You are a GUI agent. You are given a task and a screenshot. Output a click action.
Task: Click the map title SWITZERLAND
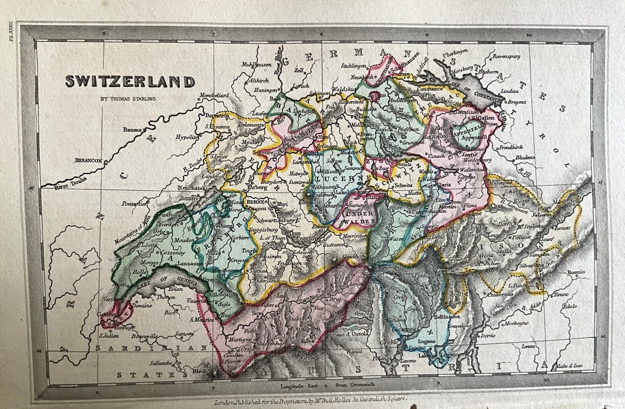coord(130,82)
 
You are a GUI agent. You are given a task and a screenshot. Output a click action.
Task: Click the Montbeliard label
coord(215,95)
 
